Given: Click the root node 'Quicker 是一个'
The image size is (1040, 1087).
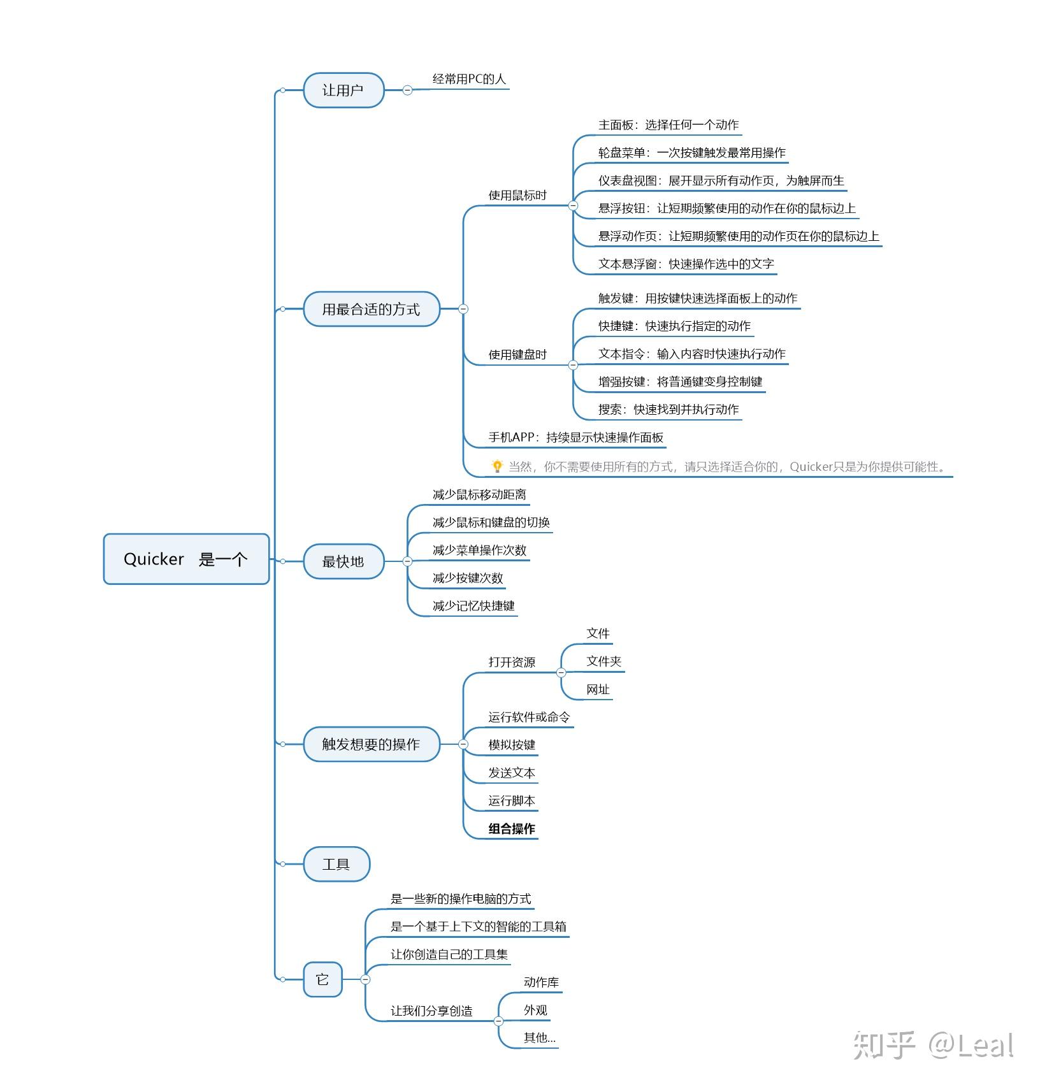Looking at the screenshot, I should click(x=186, y=559).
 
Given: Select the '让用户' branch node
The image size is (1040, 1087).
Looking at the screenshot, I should click(x=343, y=90).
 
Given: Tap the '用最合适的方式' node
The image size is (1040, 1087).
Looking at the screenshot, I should click(x=371, y=309).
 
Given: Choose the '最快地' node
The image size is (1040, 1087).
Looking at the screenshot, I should click(x=343, y=561).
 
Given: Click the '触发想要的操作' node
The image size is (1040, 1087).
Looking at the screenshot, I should click(x=371, y=744).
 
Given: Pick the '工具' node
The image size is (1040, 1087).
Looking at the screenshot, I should click(x=336, y=864).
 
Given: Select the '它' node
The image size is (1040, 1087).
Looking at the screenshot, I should click(x=322, y=979).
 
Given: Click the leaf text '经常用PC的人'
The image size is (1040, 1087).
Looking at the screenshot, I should click(x=469, y=79).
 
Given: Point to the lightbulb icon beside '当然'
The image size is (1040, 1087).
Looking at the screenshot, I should click(x=497, y=466).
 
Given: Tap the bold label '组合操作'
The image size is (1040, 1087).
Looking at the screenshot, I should click(x=512, y=828).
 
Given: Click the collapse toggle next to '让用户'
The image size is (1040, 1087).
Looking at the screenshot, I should click(x=408, y=90).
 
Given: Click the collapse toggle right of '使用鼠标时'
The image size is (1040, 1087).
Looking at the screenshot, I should click(x=573, y=205).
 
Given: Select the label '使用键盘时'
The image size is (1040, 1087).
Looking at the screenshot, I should click(x=517, y=354).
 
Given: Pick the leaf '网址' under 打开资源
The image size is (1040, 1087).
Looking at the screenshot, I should click(x=598, y=689).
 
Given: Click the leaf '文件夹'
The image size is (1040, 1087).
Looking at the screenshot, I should click(x=603, y=661).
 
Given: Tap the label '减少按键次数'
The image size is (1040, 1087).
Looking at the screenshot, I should click(x=468, y=578).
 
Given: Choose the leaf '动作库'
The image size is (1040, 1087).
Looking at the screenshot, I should click(x=541, y=982).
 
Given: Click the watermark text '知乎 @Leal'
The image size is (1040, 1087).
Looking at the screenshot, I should click(x=933, y=1045).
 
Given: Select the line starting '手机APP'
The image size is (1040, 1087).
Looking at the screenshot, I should click(x=575, y=437).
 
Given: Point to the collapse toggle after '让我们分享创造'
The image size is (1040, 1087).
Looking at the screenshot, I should click(x=498, y=1021).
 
